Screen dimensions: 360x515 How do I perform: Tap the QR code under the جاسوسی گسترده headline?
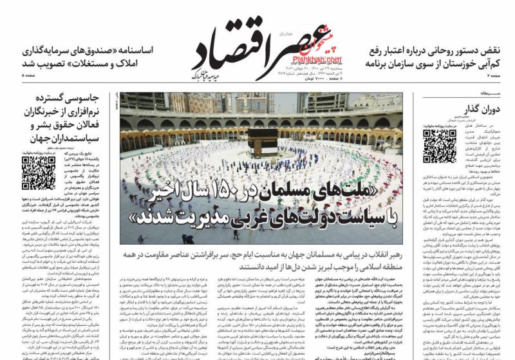pos(39,172)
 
